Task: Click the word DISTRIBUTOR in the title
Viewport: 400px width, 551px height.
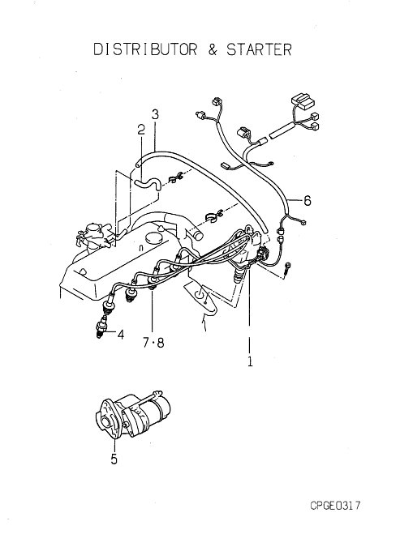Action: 145,49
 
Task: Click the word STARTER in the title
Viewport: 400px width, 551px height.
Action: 259,49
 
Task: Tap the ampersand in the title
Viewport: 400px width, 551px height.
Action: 213,49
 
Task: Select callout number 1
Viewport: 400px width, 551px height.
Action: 250,361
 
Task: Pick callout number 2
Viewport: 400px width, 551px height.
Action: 141,130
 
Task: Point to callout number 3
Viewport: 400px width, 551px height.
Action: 155,114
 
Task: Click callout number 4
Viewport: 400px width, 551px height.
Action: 121,335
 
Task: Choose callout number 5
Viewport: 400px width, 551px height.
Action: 114,459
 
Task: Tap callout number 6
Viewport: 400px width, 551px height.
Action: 308,201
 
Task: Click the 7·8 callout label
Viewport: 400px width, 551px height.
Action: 153,342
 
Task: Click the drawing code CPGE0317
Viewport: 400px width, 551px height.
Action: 335,506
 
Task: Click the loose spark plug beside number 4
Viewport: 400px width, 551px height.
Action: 101,327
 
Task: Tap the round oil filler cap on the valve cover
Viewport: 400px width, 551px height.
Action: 153,237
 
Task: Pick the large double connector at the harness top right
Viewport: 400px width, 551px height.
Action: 301,100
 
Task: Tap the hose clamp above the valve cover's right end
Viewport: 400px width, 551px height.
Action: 212,216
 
